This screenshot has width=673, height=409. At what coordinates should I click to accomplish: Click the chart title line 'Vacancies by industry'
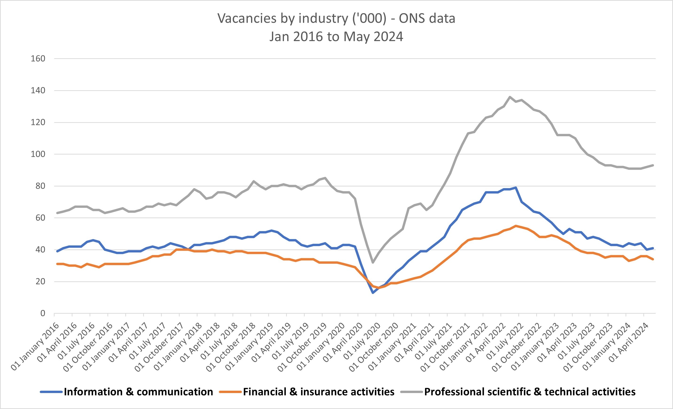(x=336, y=19)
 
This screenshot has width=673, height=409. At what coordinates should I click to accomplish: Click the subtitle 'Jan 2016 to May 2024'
(x=336, y=37)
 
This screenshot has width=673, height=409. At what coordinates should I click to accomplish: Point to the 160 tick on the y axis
(x=38, y=58)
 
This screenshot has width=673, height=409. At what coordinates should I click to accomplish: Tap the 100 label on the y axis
(x=38, y=154)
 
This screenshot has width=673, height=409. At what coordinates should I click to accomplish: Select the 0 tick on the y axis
(x=43, y=313)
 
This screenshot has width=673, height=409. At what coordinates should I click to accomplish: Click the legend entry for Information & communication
(x=138, y=392)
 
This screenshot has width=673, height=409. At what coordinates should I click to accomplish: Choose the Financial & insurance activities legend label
(x=319, y=392)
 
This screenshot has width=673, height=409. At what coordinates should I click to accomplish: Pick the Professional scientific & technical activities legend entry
(x=530, y=392)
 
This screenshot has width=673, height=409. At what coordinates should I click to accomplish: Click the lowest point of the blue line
(x=373, y=293)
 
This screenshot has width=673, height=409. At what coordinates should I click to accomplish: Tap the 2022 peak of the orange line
(x=516, y=226)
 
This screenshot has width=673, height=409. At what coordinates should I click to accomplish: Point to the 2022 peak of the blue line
(x=516, y=187)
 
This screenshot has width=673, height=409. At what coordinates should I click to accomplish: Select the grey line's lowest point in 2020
(x=373, y=262)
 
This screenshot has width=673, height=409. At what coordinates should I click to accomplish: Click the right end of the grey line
(x=653, y=165)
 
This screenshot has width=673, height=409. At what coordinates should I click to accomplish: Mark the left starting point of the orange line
(x=57, y=264)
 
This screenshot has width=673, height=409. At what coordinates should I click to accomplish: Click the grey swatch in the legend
(x=411, y=392)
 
